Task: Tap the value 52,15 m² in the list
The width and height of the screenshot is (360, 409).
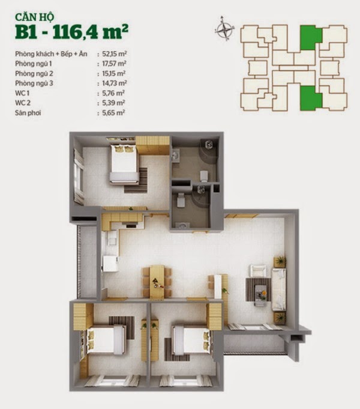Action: coord(115,54)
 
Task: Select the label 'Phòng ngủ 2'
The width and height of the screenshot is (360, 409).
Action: coord(34,74)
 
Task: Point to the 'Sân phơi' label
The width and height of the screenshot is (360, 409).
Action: coord(28,113)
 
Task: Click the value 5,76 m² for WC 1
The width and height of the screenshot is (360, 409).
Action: coord(113,93)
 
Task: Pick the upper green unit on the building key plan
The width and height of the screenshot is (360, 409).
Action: coord(311,37)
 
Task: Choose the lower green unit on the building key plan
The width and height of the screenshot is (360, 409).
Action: coord(311,98)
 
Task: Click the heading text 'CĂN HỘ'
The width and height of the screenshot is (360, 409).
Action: coord(34,17)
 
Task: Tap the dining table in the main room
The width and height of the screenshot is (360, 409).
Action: coord(157,281)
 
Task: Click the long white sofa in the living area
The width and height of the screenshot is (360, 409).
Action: coord(279,289)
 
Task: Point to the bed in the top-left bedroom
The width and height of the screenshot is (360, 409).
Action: coord(124,164)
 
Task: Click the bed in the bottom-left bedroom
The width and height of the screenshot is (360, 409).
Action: coord(106,340)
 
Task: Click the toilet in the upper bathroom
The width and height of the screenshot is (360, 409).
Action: coord(204,176)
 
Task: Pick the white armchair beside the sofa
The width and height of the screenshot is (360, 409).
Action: coord(258,271)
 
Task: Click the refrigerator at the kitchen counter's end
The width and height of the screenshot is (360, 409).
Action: coord(110,264)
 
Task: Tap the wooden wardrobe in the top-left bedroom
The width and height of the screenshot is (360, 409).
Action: coord(153,145)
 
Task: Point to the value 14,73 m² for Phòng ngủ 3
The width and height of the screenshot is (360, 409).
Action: coord(115,83)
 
